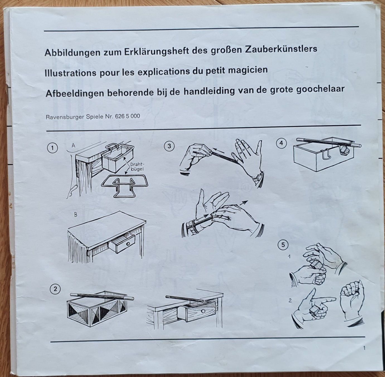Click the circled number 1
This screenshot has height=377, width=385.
click(x=52, y=148)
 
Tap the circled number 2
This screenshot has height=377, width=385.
click(x=55, y=289)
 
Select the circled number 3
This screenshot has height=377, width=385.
click(x=169, y=146)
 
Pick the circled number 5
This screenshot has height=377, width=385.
click(x=283, y=245)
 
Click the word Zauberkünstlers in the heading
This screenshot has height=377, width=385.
click(x=281, y=49)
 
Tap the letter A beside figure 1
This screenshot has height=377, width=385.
click(x=74, y=146)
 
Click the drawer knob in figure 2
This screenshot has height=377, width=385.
click(x=203, y=311)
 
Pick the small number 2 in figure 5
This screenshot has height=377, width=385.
click(x=290, y=300)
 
